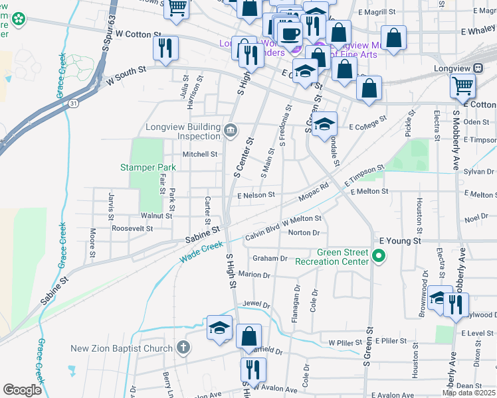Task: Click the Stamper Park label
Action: tap(148, 167)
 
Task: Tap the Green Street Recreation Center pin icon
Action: tap(379, 255)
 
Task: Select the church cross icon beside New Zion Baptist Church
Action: tap(184, 348)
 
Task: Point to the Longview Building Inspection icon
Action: tap(230, 129)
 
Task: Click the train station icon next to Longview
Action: tap(478, 68)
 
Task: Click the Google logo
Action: tap(22, 390)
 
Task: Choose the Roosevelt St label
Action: tap(132, 228)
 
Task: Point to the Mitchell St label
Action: tap(200, 154)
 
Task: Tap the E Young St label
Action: tap(399, 241)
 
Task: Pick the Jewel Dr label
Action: tap(256, 304)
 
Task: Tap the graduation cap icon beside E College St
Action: tap(325, 124)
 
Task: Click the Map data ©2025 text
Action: tap(468, 393)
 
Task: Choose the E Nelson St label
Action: tap(256, 195)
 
